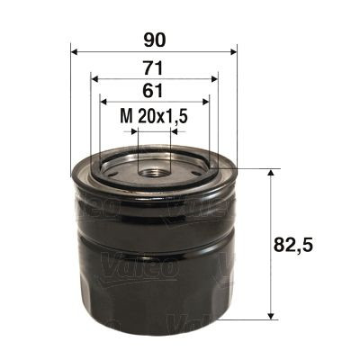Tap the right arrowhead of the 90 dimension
coord(233,51)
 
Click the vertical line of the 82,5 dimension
coord(271,270)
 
